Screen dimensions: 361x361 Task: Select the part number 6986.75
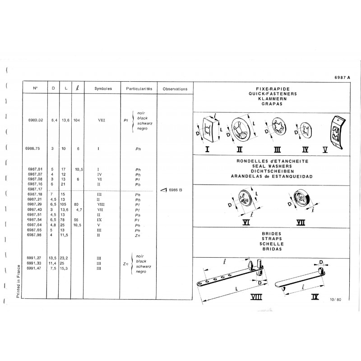tap(34, 148)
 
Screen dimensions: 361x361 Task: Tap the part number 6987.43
tap(34, 209)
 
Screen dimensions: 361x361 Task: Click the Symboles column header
tap(103, 89)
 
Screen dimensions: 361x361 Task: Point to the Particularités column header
tap(140, 89)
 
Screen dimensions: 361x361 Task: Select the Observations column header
tap(175, 89)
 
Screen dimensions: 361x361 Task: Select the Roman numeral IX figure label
tap(315, 297)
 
